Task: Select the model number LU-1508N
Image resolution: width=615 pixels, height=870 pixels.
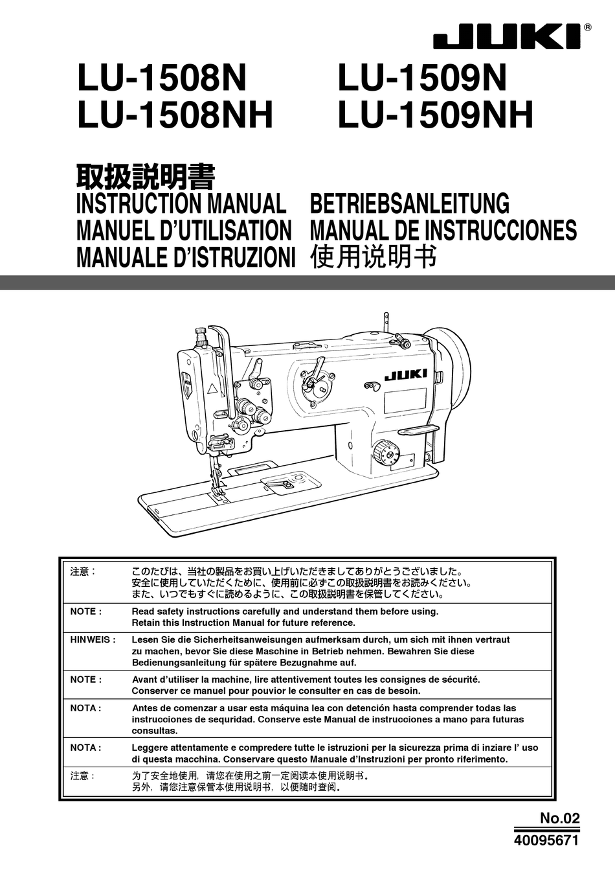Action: tap(162, 79)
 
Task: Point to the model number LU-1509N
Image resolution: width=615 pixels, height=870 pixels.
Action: tap(422, 79)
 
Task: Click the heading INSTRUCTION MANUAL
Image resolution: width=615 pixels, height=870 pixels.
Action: tap(181, 203)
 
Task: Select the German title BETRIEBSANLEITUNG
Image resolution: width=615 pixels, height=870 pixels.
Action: tap(410, 203)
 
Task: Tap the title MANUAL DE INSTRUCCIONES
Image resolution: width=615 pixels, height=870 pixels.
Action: tap(443, 231)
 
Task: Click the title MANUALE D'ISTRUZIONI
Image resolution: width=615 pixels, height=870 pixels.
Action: tap(186, 257)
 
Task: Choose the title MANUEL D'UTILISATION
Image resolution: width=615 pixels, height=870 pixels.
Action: tap(184, 231)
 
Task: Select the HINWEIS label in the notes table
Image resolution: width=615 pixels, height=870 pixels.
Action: tap(93, 639)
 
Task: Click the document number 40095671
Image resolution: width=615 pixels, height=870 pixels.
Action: tap(546, 840)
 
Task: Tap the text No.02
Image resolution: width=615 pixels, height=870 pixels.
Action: tap(559, 818)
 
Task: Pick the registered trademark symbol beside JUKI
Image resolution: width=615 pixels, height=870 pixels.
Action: tap(587, 27)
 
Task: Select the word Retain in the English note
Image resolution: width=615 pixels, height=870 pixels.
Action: tap(146, 623)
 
